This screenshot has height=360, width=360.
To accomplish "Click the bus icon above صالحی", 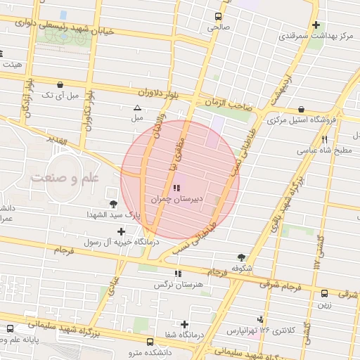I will [219, 16].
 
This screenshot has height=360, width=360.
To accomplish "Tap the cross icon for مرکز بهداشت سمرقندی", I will [316, 25].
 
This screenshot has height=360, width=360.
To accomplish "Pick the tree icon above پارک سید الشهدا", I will [114, 202].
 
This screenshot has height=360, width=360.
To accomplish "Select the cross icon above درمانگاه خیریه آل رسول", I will [122, 231].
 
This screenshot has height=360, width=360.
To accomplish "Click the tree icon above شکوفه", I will [241, 257].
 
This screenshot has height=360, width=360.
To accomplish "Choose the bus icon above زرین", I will [325, 294].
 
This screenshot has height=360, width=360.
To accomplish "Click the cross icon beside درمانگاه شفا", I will [184, 325].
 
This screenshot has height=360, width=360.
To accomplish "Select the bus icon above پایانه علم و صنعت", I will [10, 328].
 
